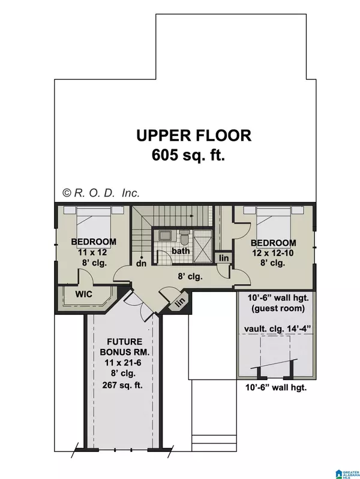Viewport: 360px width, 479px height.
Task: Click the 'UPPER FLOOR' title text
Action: [193, 135]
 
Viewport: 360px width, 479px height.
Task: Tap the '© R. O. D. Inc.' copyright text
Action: [101, 192]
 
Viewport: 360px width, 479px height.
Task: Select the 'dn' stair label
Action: [142, 262]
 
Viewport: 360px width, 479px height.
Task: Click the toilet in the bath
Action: [184, 235]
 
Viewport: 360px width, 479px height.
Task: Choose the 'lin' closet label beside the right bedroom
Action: [223, 258]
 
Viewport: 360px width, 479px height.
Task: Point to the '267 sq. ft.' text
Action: [122, 385]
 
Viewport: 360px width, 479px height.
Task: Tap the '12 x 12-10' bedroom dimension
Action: [274, 252]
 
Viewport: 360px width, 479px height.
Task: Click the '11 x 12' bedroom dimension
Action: [93, 252]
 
